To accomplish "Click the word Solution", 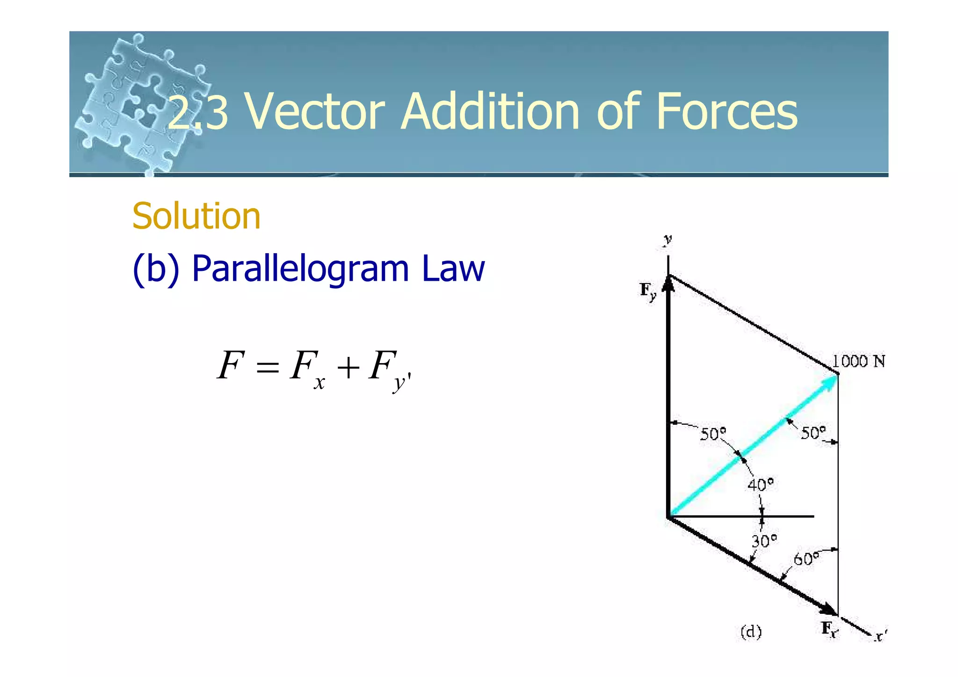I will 196,216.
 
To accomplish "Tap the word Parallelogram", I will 300,269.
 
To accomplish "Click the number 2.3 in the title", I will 198,112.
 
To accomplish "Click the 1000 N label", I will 858,361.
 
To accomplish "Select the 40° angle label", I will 760,484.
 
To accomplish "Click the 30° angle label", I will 764,541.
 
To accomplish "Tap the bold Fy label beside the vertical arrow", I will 648,291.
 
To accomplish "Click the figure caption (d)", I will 751,632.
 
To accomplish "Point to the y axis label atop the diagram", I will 668,240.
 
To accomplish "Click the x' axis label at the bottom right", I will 880,636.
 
